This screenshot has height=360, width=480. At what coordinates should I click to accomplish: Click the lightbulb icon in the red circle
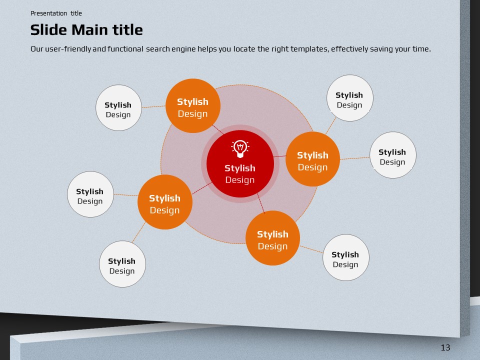click(240, 149)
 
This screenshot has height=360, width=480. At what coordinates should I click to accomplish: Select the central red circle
click(240, 164)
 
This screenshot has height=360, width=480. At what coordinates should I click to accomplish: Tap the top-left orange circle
click(193, 106)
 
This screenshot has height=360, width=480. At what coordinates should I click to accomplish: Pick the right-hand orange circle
click(312, 159)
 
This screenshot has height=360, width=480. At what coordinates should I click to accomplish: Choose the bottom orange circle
click(272, 238)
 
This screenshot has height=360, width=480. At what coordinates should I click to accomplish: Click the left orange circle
click(164, 202)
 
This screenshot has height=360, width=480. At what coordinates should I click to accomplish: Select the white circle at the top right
click(350, 98)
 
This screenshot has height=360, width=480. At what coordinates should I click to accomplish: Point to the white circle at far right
click(393, 155)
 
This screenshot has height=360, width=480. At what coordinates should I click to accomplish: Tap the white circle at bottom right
click(345, 257)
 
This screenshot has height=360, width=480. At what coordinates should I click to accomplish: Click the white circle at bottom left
click(122, 264)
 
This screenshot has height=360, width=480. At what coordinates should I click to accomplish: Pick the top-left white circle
click(119, 108)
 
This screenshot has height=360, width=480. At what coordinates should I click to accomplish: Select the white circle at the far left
click(90, 194)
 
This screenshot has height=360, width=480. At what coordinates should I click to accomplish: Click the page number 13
click(445, 347)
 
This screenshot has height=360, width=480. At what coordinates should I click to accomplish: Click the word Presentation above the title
click(48, 13)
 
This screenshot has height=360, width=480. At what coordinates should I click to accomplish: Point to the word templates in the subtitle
click(309, 49)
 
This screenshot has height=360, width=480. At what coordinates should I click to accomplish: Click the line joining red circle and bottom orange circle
click(261, 203)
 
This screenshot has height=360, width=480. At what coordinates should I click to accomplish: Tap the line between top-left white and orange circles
click(153, 106)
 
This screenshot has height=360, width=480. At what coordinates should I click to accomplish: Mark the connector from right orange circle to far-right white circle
click(355, 158)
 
